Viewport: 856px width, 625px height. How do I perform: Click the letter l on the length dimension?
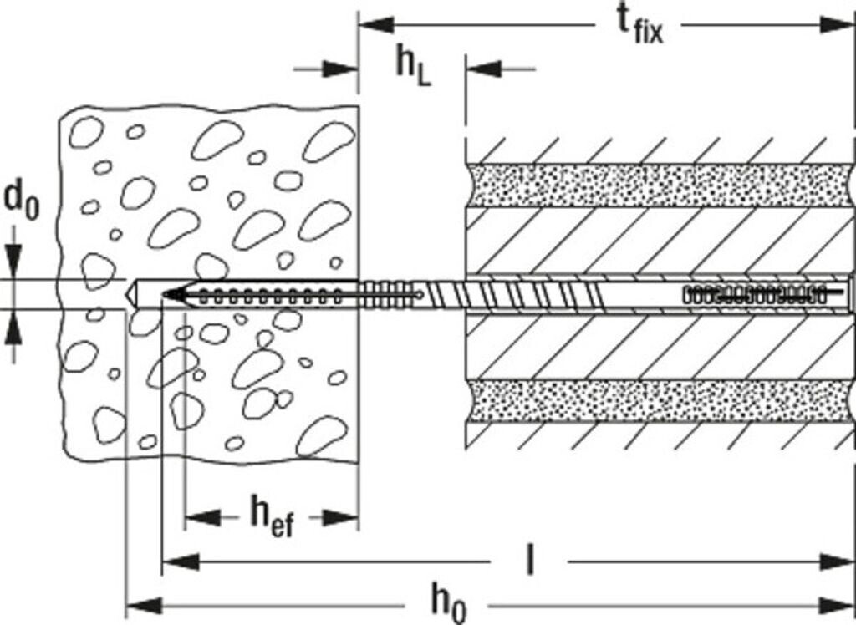point(527,561)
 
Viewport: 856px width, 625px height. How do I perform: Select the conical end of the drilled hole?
point(130,294)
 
